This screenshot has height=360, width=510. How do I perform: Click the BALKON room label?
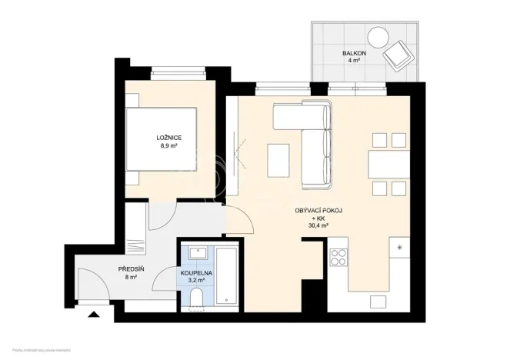[x=354, y=52]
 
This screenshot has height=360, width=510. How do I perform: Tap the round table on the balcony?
[x=378, y=36]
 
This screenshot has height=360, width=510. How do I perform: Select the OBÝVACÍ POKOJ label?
[x=318, y=210]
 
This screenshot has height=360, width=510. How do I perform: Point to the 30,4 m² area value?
[x=318, y=226]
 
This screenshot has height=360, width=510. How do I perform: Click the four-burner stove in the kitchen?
[x=339, y=256]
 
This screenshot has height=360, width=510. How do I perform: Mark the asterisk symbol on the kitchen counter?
[x=401, y=247]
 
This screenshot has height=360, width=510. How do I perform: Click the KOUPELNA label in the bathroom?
[x=197, y=272]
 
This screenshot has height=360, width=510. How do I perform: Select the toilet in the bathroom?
[x=195, y=298]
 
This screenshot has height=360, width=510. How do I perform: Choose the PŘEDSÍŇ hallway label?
[x=128, y=268]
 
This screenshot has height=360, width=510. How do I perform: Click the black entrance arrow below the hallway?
[x=94, y=314]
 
